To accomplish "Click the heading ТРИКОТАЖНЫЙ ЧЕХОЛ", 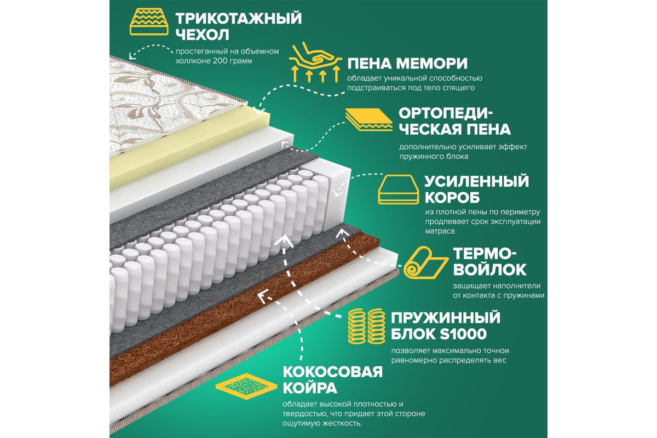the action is (239, 26).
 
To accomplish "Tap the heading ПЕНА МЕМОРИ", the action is (407, 64).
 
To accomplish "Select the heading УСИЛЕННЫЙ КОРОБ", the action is (477, 189).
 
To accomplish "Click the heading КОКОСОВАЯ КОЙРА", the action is (333, 380).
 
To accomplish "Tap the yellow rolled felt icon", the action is (425, 262).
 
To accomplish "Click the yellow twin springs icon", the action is (367, 326).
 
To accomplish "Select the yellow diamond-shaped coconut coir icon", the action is (246, 387).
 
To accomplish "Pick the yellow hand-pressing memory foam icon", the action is (315, 62).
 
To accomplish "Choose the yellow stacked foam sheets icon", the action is (368, 120).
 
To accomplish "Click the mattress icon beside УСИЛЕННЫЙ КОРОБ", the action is (399, 189).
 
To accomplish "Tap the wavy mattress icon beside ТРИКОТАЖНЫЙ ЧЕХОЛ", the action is (149, 21).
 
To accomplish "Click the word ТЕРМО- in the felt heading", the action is (485, 253).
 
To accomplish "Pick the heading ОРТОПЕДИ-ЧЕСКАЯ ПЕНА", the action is (454, 122).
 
